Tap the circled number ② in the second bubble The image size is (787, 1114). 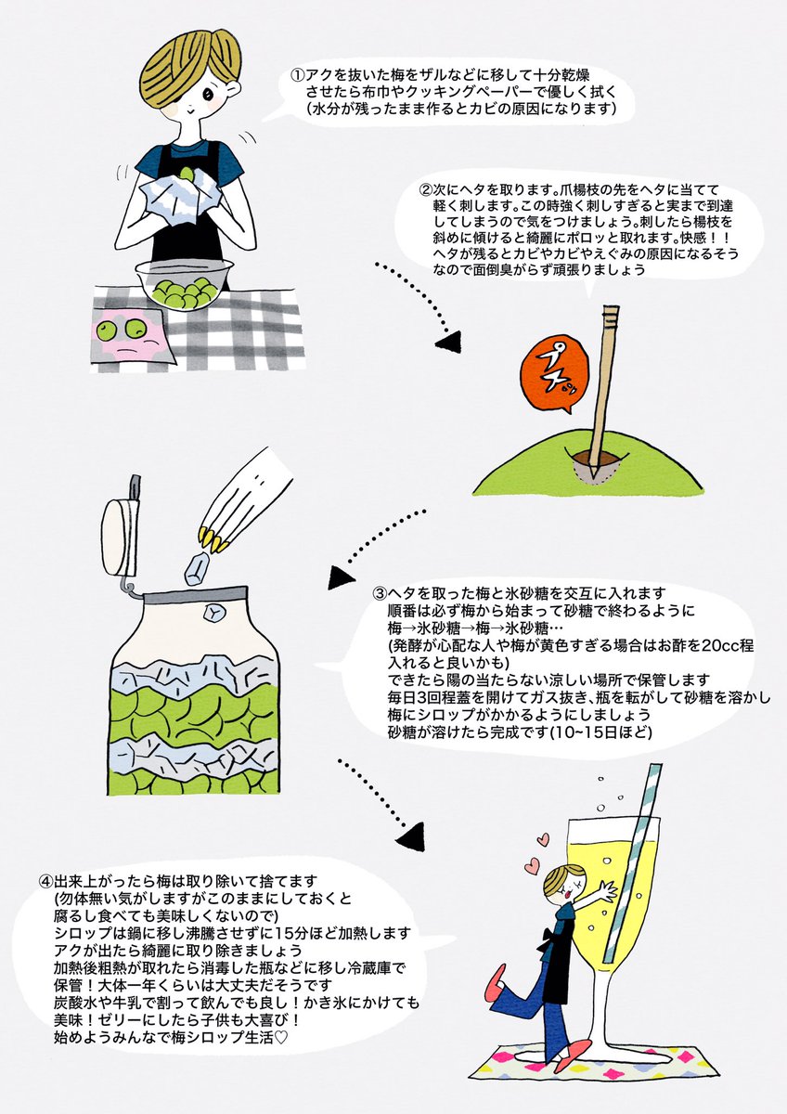coord(427,189)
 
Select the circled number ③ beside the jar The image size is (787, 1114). coord(380,592)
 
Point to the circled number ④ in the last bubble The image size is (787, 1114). coord(46,879)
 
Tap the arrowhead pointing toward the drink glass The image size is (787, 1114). coord(412,826)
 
